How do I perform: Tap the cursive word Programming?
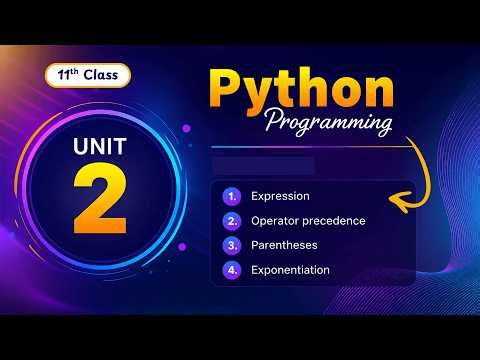coord(327,125)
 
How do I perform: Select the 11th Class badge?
coord(86,76)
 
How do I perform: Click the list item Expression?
coord(280,196)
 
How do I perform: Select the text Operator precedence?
coord(308,220)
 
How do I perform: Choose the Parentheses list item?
coord(285,245)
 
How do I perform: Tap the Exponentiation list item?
coord(291,270)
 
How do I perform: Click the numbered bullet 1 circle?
coord(232,196)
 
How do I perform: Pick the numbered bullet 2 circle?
coord(232,221)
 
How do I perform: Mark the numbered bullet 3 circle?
coord(232,245)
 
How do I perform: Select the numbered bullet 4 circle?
coord(232,270)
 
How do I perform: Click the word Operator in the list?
coord(274,220)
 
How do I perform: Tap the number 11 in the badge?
coord(63,76)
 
